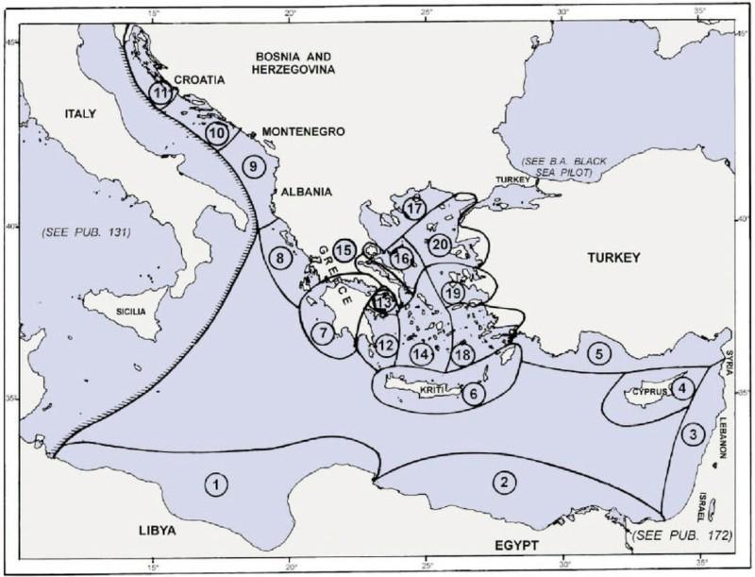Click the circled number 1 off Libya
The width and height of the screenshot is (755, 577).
tap(217, 485)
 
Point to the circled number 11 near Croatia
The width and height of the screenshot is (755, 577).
tap(161, 93)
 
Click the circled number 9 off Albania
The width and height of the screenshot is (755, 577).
tap(252, 165)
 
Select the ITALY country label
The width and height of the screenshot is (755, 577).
tap(81, 114)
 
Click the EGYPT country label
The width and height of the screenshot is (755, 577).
tap(512, 546)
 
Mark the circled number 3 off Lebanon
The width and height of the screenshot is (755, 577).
tap(693, 434)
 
